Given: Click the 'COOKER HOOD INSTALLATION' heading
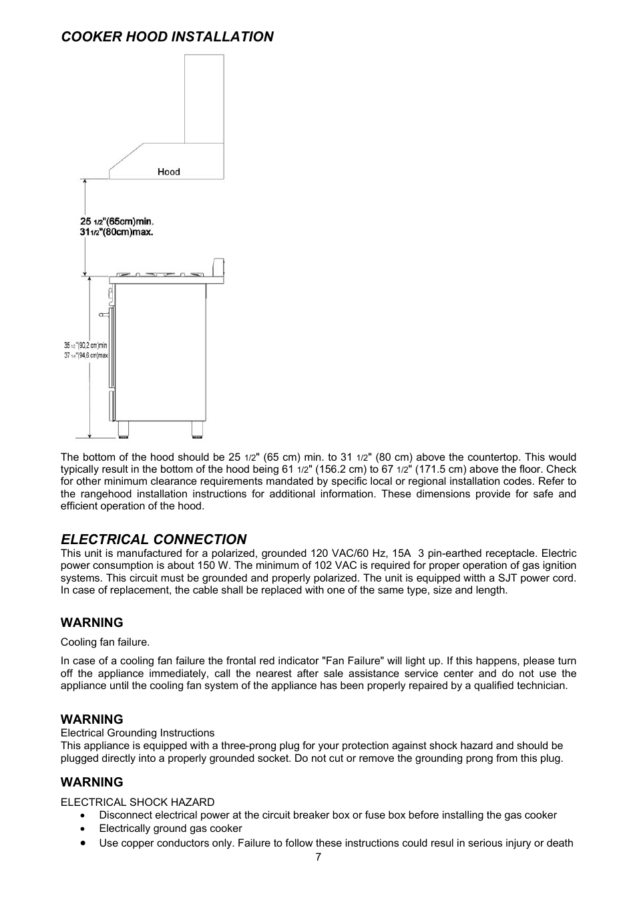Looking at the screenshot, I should coord(167,37).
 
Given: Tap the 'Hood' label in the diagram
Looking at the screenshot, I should coord(169,172).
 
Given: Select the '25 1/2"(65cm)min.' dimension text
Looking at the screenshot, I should coord(118,221).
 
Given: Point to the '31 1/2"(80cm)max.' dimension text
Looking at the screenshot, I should coord(117,232).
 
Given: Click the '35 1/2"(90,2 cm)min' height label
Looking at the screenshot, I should coord(85,345).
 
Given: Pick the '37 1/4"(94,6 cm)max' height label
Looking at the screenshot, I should coord(85,356).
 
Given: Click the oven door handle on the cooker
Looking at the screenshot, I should coord(103,313).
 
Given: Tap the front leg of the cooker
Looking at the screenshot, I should coord(122,429).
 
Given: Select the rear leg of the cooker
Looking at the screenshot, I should coord(198,429).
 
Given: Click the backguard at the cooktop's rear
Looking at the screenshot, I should coord(218,267).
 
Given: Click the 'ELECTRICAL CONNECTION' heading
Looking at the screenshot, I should coord(154,539).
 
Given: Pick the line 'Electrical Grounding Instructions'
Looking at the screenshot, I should coord(138,733).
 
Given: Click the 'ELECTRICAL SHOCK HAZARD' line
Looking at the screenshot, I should coord(138,803).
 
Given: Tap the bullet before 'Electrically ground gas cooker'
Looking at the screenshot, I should coord(82,829).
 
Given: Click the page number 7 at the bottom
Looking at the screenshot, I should coord(318,858).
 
